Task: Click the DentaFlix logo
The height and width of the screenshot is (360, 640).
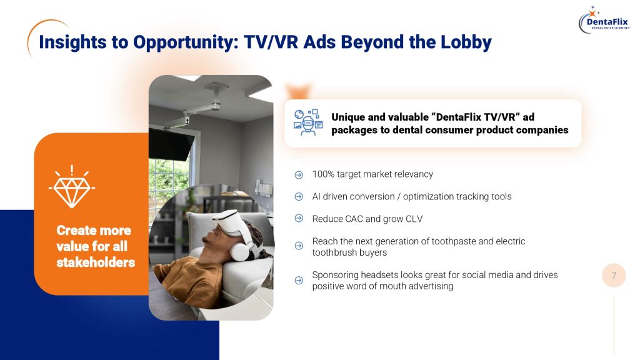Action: [604, 20]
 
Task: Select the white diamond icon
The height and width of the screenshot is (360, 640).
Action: [72, 187]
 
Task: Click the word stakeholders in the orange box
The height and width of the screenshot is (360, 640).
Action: [96, 262]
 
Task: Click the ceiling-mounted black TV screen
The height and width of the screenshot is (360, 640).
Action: [171, 144]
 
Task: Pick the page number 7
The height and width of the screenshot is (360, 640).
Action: [614, 276]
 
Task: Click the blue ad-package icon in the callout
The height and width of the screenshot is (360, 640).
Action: [308, 122]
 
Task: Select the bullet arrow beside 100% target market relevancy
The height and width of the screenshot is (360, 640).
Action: [299, 175]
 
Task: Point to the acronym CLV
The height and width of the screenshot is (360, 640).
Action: [414, 219]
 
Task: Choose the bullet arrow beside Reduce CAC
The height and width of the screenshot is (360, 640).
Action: [299, 218]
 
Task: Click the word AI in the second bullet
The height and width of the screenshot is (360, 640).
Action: [316, 197]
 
